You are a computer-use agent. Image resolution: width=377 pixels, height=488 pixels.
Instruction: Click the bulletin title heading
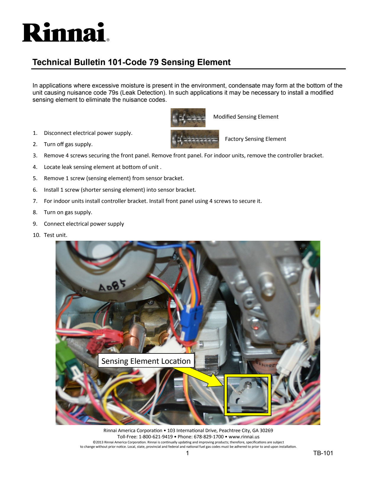pyautogui.click(x=131, y=62)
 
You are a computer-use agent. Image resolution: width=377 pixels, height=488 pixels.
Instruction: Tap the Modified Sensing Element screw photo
pyautogui.click(x=188, y=117)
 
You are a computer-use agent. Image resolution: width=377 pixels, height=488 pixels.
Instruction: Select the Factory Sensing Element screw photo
pyautogui.click(x=195, y=139)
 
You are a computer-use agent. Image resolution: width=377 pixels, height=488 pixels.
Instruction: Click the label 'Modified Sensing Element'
pyautogui.click(x=246, y=117)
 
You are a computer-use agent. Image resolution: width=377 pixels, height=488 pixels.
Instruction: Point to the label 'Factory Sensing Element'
pyautogui.click(x=255, y=139)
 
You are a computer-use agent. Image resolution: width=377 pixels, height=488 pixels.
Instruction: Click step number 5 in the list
pyautogui.click(x=35, y=178)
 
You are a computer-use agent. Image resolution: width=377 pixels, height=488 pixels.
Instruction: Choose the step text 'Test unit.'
pyautogui.click(x=56, y=235)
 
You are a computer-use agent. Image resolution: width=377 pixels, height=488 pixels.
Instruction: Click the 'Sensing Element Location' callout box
pyautogui.click(x=146, y=361)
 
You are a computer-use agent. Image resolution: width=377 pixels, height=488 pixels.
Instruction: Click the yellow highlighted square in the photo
pyautogui.click(x=247, y=395)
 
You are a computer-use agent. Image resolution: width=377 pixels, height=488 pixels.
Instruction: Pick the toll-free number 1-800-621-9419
pyautogui.click(x=156, y=437)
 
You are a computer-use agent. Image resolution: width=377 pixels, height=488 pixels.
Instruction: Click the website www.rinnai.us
pyautogui.click(x=244, y=437)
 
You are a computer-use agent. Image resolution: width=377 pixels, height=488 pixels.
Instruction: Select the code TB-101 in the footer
pyautogui.click(x=323, y=453)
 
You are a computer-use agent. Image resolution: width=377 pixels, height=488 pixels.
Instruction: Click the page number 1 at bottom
pyautogui.click(x=187, y=453)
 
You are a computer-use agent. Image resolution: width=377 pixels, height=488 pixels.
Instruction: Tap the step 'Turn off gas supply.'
pyautogui.click(x=68, y=144)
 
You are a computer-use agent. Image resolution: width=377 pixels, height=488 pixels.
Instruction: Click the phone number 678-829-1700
pyautogui.click(x=208, y=437)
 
